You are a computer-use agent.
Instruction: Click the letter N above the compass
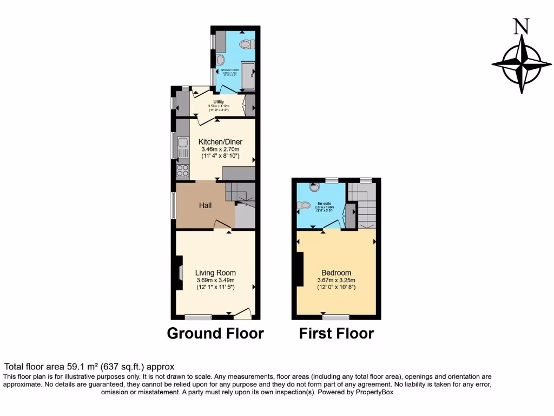[x=521, y=27]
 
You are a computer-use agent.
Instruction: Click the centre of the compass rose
[x=522, y=63]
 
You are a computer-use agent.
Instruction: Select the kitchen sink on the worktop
[x=183, y=144]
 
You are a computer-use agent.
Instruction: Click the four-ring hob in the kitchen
[x=182, y=171]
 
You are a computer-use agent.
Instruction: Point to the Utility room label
[x=219, y=101]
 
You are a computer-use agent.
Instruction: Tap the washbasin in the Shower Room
[x=221, y=60]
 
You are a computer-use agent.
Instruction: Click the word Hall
[x=205, y=205]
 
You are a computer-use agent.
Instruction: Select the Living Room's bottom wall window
[x=198, y=316]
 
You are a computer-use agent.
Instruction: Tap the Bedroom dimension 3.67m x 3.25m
[x=336, y=280]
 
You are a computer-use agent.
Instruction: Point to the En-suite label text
[x=324, y=204]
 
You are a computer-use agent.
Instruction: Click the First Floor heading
[x=336, y=333]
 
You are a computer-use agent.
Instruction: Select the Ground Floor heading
[x=215, y=333]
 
